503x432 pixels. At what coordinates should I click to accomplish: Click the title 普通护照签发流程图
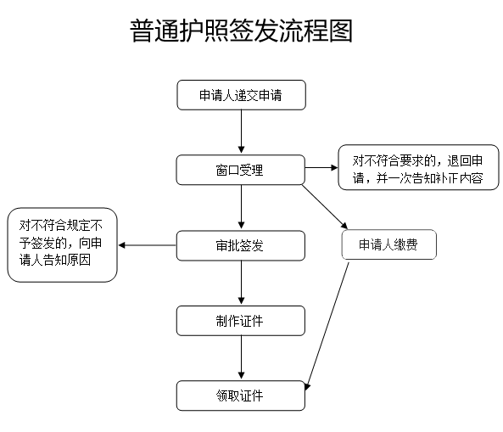241,32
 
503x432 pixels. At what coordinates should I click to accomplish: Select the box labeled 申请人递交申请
240,96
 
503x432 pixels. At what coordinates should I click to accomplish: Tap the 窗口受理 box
240,170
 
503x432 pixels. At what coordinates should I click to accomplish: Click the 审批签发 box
240,245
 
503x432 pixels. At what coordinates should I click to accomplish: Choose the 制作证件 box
240,320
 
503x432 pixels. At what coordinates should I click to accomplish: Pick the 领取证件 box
240,396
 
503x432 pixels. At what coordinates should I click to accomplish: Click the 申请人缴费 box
388,245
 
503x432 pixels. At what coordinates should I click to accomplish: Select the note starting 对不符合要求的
417,167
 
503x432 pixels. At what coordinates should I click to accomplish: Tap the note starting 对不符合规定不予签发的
61,244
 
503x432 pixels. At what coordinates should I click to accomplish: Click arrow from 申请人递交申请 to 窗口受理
241,132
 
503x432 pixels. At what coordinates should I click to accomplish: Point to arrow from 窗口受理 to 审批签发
241,207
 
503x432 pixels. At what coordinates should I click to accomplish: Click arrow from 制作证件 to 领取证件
241,358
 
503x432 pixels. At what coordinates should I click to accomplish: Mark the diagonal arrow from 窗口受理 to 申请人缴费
325,206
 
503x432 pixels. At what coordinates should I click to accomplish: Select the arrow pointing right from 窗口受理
321,167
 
